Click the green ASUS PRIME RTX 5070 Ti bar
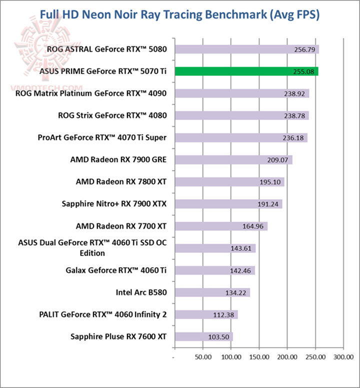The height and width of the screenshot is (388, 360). click(246, 72)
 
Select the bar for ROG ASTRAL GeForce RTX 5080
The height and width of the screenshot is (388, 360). click(246, 50)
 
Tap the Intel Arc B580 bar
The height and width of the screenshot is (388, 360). click(211, 292)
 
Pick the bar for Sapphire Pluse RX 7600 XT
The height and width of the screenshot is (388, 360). click(203, 336)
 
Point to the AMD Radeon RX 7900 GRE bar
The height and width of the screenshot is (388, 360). click(233, 160)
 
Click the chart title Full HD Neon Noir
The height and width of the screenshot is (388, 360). click(179, 15)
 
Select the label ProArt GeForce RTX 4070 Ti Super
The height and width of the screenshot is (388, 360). click(102, 138)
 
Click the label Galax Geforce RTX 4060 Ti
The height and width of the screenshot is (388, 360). click(116, 270)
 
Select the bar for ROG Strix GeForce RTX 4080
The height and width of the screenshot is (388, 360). click(241, 116)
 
